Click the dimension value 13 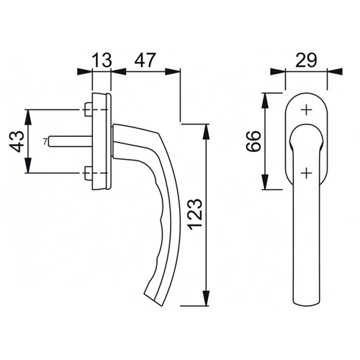[102, 60]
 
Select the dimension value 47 [145, 60]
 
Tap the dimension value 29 [306, 60]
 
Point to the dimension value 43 [17, 142]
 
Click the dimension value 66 [253, 141]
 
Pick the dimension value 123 [196, 215]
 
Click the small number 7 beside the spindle [45, 142]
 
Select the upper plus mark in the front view [306, 110]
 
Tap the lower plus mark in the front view [306, 173]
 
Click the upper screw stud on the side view [89, 109]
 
